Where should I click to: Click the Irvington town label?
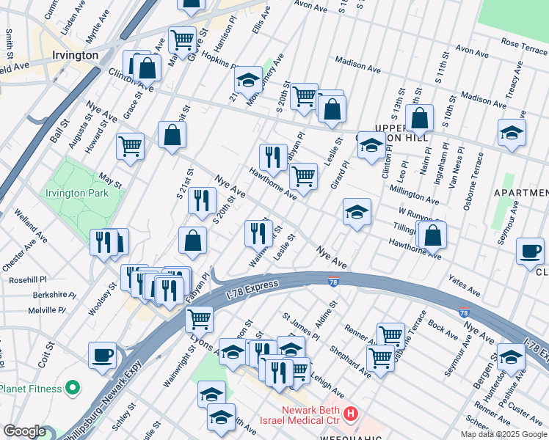[76, 55]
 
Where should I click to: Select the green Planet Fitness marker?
[72, 386]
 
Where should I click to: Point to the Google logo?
[24, 431]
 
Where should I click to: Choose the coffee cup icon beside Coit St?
[103, 355]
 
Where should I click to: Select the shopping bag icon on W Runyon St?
[434, 235]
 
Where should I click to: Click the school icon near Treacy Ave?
[512, 132]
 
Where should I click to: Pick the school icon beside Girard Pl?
[357, 212]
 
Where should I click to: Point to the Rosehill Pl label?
[28, 279]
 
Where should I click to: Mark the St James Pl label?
[300, 326]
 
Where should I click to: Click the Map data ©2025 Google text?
[503, 434]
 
